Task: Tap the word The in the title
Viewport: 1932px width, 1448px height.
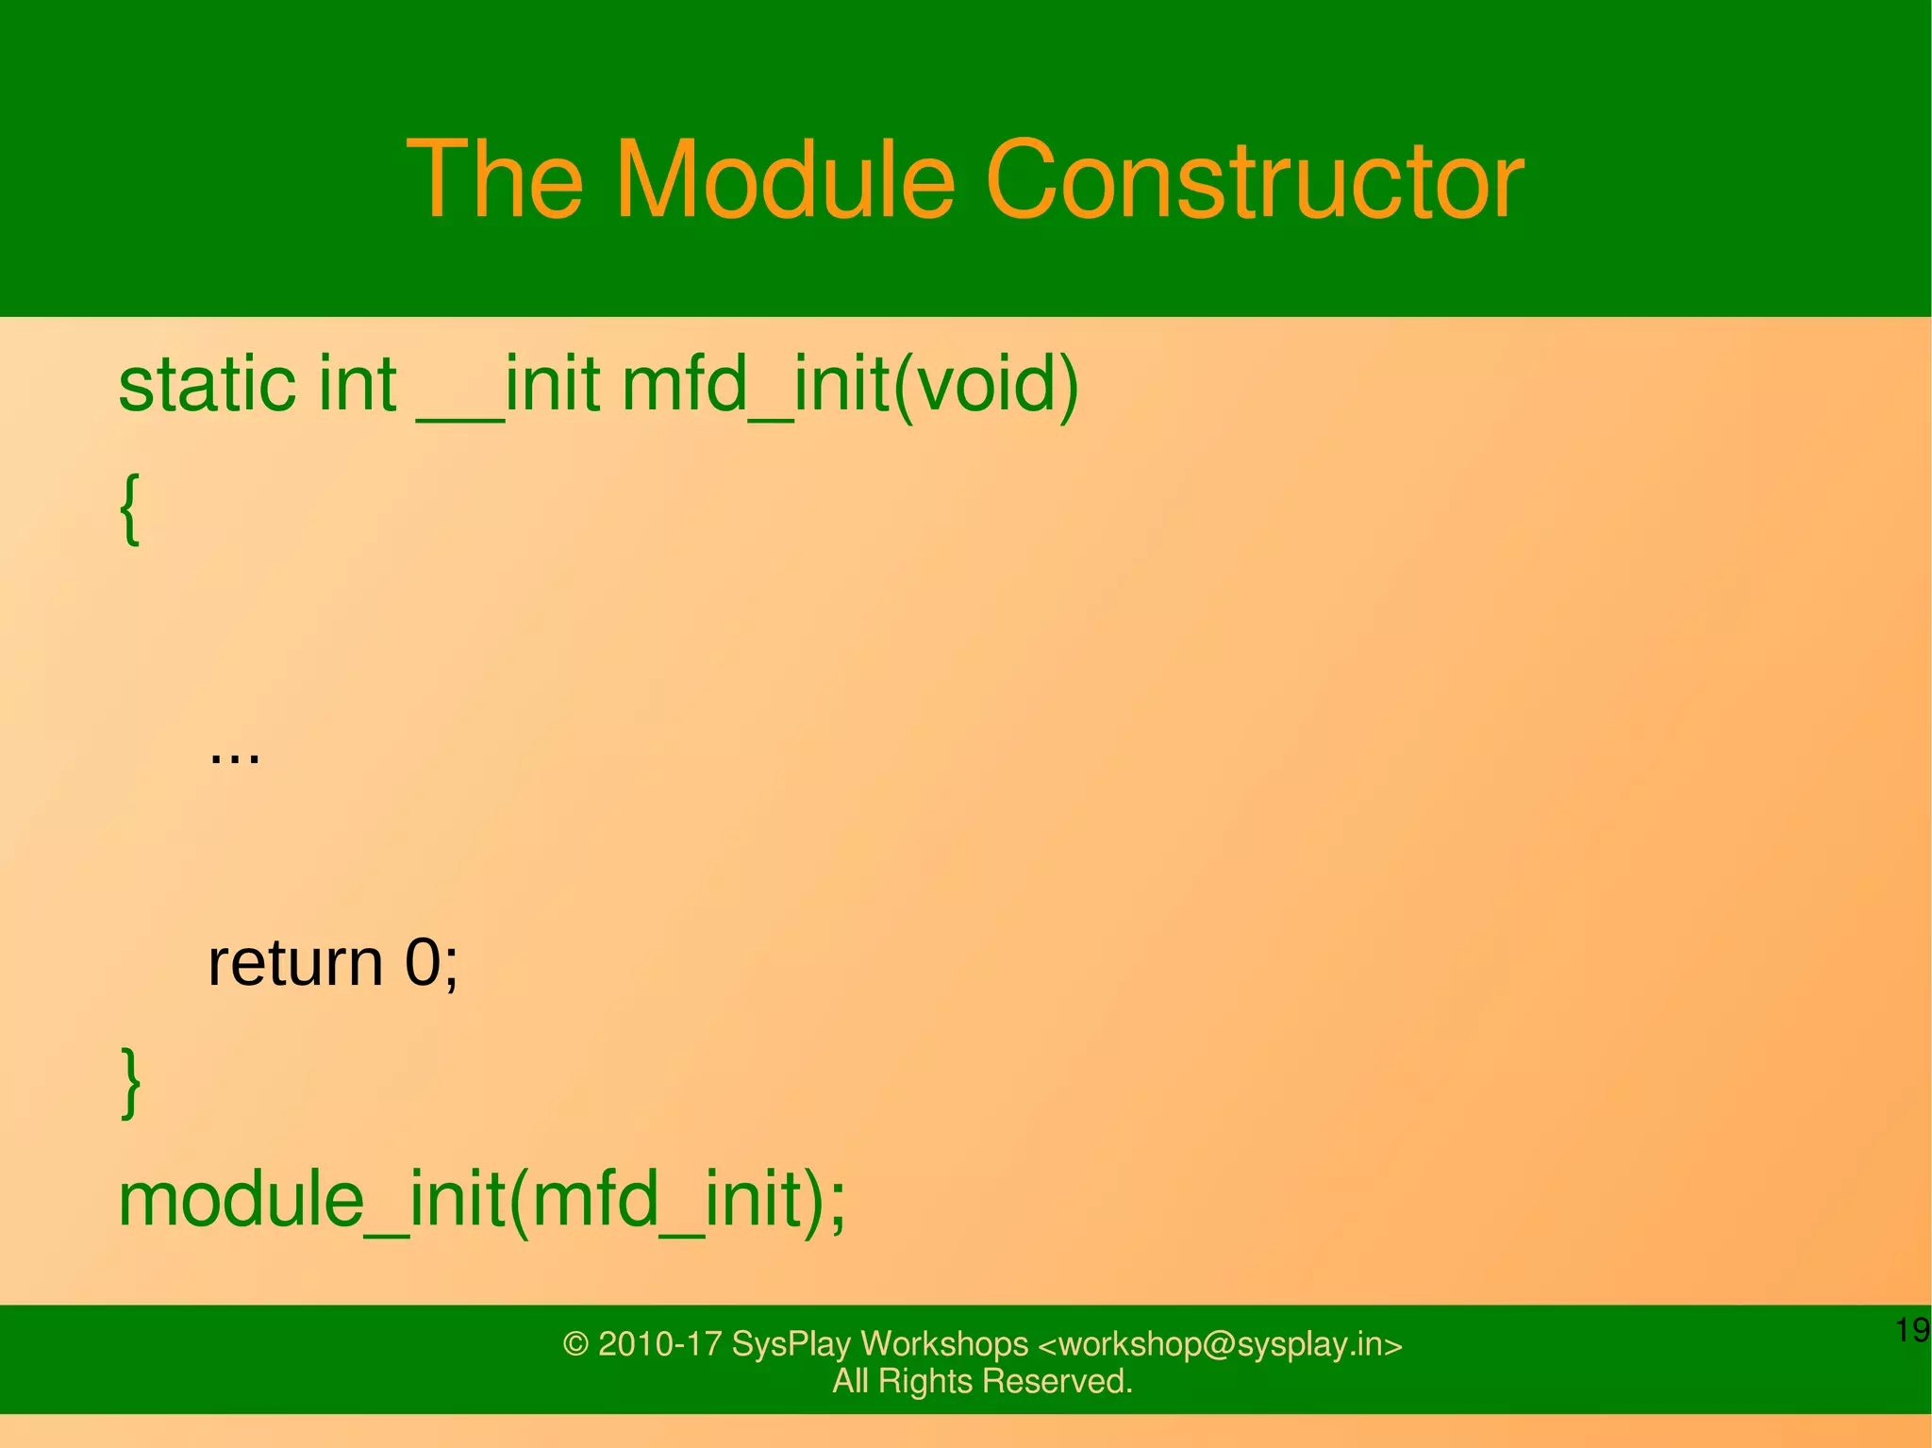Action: [494, 179]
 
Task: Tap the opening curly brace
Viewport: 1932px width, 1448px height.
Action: [130, 509]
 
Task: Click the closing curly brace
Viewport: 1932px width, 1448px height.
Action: [130, 1083]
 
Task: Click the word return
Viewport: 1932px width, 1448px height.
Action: [294, 963]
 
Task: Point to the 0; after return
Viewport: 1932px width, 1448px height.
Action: [431, 963]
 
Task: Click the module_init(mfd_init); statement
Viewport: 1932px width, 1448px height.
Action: [482, 1200]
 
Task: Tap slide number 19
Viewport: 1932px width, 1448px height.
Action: [1911, 1330]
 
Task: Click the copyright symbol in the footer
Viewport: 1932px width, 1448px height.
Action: [575, 1343]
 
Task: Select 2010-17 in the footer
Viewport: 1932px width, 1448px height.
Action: [660, 1343]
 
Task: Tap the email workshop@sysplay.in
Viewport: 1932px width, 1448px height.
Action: [1221, 1343]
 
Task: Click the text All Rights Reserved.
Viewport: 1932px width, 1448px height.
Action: [982, 1381]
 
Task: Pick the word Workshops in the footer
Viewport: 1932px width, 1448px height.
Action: [943, 1343]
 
